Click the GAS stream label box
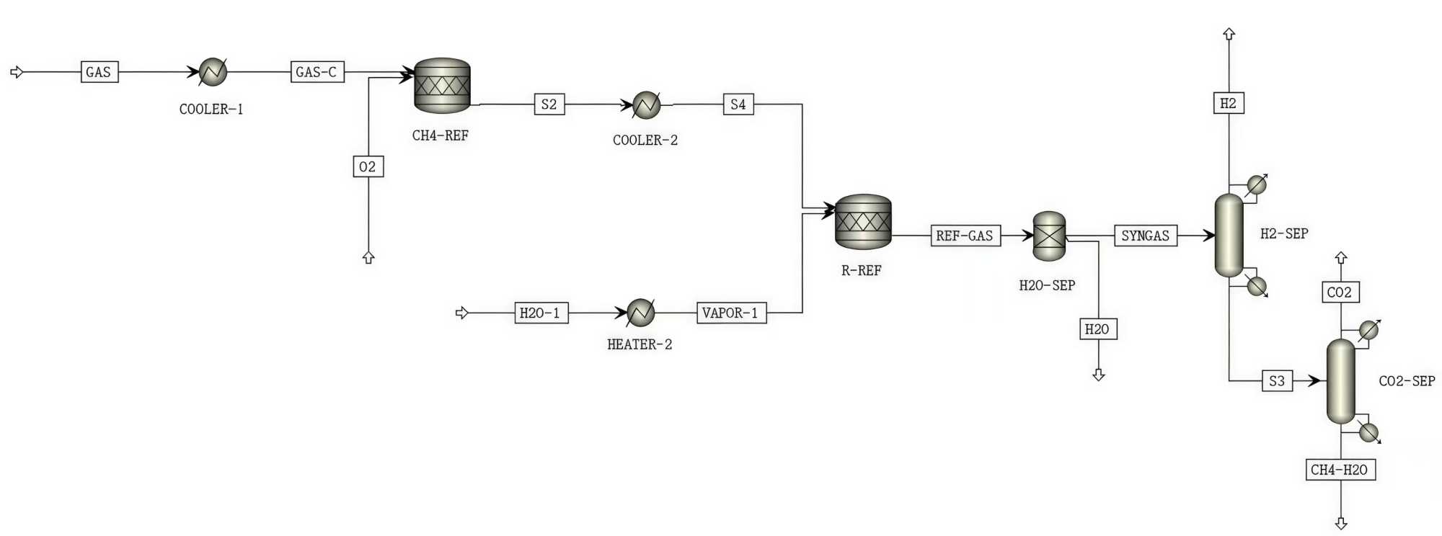pos(99,72)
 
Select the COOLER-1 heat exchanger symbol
pos(213,72)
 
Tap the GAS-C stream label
pos(317,72)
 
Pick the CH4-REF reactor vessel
pos(442,86)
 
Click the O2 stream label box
pos(368,166)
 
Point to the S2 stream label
pos(549,104)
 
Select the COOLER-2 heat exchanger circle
pos(646,105)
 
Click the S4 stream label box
pos(738,104)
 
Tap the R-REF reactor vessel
pos(863,222)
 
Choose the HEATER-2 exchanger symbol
pos(640,313)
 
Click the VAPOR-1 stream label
pos(731,313)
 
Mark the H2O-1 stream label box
pos(541,313)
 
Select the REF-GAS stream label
pos(965,236)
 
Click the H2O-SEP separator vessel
pos(1049,236)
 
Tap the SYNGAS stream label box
pos(1146,236)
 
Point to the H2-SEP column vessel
pos(1229,236)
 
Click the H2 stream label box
pos(1229,103)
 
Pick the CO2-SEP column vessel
pos(1340,381)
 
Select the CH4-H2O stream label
pos(1340,470)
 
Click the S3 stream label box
pos(1277,380)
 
